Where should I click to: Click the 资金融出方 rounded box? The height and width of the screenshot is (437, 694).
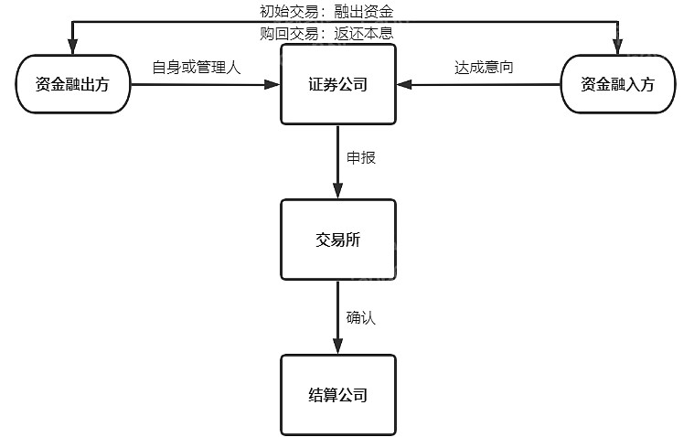(73, 84)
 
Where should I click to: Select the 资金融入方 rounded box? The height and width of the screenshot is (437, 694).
(618, 84)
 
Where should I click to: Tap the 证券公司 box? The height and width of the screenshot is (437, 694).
(338, 84)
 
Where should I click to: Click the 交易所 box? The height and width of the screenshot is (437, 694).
(338, 240)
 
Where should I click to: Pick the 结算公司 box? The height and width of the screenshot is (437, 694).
(338, 395)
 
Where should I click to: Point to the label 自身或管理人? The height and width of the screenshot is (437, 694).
(197, 68)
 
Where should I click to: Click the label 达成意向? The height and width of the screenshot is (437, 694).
(484, 68)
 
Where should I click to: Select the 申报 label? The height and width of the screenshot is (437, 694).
(361, 157)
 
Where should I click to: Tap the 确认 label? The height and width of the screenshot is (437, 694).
(361, 317)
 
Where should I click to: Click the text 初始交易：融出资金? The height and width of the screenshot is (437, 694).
(326, 12)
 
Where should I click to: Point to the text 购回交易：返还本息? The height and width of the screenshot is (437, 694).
(326, 33)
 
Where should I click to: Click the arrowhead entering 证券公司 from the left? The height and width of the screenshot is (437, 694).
(272, 84)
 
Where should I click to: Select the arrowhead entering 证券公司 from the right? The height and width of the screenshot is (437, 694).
(404, 84)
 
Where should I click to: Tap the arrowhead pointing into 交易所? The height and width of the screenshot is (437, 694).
(338, 191)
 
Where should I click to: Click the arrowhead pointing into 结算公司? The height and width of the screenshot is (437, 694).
(338, 346)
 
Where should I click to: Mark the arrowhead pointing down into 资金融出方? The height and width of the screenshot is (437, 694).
(73, 47)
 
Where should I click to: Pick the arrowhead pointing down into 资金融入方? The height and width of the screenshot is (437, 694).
(618, 47)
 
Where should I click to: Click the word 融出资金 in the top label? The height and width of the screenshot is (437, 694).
(364, 12)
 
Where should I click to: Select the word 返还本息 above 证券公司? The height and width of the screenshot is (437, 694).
(364, 33)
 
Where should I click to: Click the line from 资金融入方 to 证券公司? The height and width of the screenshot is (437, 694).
(478, 84)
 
